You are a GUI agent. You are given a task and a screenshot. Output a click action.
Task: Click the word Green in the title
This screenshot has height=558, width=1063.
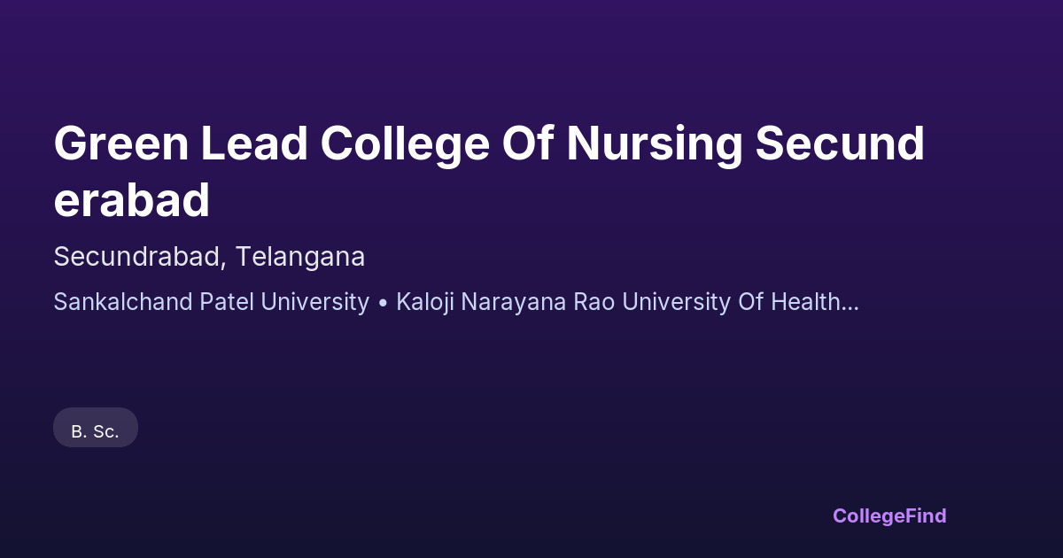[x=121, y=143]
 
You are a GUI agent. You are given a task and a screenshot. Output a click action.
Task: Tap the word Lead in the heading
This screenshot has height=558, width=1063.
[x=254, y=143]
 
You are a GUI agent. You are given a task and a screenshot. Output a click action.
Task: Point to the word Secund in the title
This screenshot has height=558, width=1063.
[x=840, y=143]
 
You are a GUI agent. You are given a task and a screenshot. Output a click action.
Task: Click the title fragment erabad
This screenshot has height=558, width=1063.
[x=131, y=200]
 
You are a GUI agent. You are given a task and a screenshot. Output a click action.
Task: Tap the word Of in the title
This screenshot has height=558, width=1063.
[x=528, y=143]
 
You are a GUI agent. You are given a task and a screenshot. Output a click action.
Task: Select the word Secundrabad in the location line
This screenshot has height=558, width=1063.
[x=136, y=257]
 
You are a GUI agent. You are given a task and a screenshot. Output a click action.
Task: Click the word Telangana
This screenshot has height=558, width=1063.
[x=300, y=257]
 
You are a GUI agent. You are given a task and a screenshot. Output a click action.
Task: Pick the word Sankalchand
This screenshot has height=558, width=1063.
[x=123, y=302]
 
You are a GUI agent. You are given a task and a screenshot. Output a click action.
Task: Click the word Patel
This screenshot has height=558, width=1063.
[x=227, y=302]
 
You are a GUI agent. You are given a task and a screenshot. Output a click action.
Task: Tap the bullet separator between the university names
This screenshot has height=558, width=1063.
[x=383, y=303]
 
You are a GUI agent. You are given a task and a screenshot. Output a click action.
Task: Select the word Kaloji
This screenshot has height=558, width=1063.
[x=424, y=303]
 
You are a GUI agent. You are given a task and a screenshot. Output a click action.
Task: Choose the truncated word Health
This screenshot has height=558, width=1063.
[x=805, y=302]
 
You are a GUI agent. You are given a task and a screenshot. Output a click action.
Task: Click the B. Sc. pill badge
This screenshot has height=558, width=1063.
[x=96, y=428]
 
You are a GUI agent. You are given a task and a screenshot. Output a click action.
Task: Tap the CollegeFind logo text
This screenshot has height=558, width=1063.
[x=889, y=516]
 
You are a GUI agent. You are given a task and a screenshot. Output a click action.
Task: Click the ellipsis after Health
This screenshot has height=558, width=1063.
[x=850, y=309]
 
